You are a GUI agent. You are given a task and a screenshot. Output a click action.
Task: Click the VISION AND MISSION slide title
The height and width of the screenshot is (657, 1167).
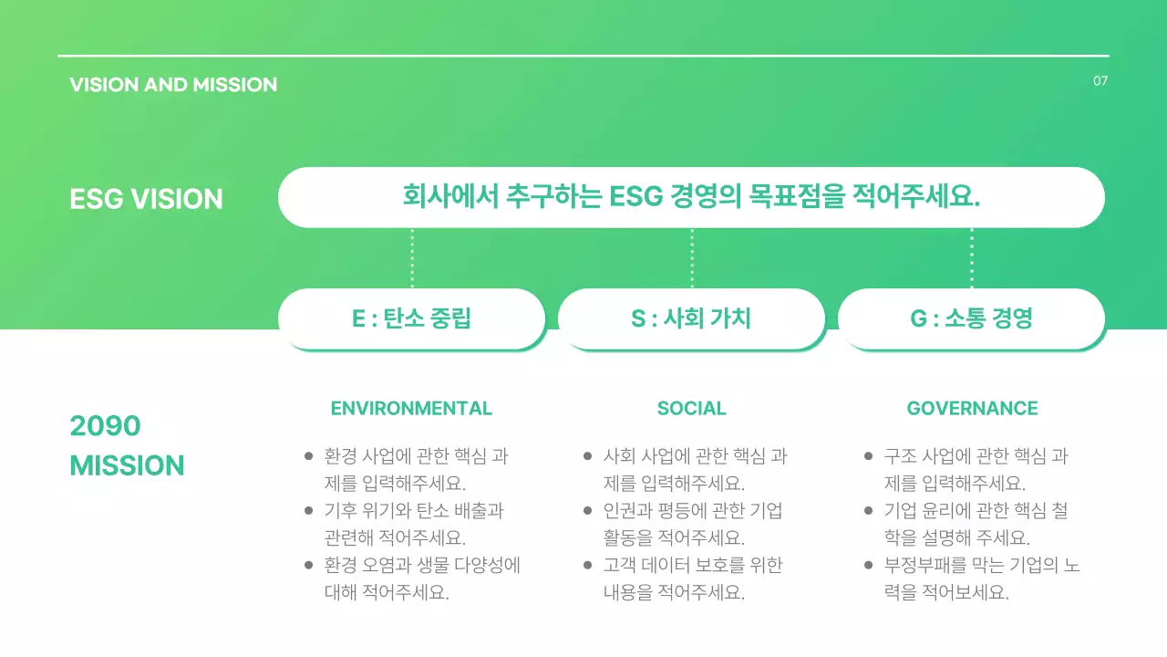click(x=173, y=85)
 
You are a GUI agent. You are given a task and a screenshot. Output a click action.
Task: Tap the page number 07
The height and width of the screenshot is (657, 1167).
click(x=1100, y=81)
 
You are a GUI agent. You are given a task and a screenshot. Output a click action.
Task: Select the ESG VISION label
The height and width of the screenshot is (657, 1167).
click(x=146, y=199)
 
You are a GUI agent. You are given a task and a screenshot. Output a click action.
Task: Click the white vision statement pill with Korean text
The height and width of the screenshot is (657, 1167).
click(x=691, y=197)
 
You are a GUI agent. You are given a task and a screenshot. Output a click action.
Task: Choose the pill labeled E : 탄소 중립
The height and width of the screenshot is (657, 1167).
click(x=411, y=318)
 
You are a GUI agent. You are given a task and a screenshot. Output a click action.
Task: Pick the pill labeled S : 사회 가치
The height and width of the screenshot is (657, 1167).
click(x=691, y=318)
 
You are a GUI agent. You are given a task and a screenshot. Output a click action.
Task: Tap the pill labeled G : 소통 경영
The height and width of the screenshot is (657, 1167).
click(x=971, y=318)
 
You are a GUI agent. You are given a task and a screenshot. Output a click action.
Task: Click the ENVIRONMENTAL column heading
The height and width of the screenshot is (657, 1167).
click(x=411, y=409)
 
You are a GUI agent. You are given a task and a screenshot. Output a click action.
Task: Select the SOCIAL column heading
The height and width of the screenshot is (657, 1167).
click(x=691, y=409)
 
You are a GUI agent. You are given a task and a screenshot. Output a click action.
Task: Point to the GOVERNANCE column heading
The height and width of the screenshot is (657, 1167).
click(x=972, y=409)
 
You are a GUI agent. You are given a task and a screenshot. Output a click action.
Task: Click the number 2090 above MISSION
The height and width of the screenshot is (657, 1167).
click(x=105, y=426)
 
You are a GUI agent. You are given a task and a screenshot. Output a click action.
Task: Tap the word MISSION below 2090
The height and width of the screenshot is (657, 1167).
click(x=127, y=465)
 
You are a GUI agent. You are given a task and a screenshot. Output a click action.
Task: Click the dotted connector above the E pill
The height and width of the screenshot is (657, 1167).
click(x=412, y=258)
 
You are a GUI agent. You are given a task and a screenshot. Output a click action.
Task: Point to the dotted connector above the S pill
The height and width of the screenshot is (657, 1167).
click(x=692, y=258)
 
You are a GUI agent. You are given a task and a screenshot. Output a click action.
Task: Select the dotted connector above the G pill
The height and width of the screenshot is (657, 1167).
click(x=972, y=258)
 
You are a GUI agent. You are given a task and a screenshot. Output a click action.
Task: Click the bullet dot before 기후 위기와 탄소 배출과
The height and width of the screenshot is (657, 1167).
click(x=308, y=511)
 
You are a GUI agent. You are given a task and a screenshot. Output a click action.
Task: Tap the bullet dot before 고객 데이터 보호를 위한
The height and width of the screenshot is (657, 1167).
click(x=587, y=566)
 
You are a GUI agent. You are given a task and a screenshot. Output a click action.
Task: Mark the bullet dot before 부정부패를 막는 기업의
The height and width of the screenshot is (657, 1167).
click(x=868, y=566)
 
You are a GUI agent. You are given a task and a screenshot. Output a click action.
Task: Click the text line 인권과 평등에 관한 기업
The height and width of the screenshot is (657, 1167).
click(x=693, y=511)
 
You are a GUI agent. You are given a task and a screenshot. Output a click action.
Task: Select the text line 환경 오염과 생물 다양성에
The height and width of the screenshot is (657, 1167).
click(x=422, y=566)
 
